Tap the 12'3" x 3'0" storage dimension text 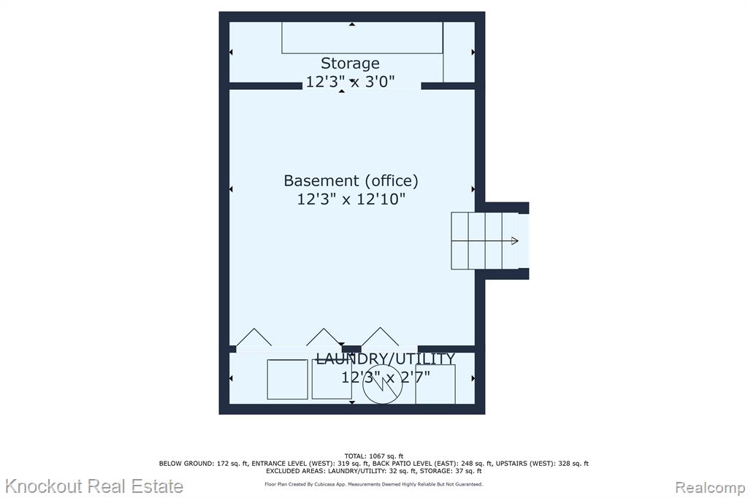click(350, 82)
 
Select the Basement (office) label click(351, 181)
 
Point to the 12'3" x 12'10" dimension click(351, 199)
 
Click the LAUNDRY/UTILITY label click(386, 359)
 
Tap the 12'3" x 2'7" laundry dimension click(386, 378)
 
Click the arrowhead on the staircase click(515, 241)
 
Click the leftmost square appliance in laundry click(287, 379)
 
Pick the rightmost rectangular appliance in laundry click(435, 385)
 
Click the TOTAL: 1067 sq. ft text click(374, 456)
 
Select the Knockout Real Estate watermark click(94, 486)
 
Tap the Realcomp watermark click(710, 488)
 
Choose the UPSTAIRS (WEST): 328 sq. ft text click(543, 464)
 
